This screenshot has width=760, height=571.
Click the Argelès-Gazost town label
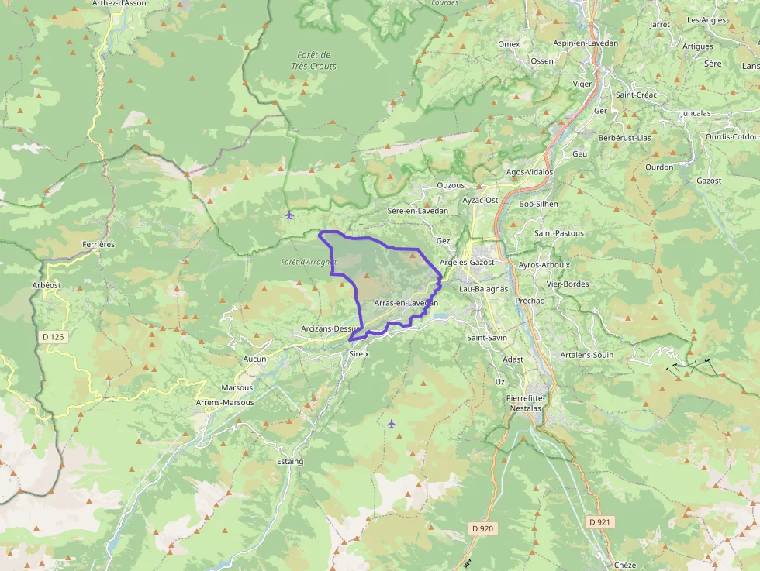click(467, 263)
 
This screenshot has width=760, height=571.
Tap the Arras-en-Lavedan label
click(406, 303)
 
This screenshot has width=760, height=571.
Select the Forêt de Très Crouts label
click(314, 60)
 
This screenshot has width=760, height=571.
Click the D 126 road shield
click(52, 337)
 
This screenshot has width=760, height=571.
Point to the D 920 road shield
click(482, 528)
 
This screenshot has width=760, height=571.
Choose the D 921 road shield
click(600, 522)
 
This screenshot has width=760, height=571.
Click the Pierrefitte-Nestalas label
click(526, 401)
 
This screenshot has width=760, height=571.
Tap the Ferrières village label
click(98, 244)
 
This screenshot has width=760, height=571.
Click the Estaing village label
click(290, 462)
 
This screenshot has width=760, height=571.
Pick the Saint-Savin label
click(487, 338)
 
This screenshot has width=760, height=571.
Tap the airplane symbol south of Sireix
click(392, 424)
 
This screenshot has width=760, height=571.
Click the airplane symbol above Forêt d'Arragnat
click(289, 215)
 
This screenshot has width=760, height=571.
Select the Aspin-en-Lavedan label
click(586, 43)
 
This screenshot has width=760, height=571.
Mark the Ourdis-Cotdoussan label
click(732, 136)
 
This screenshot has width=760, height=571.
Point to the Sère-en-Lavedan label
click(417, 211)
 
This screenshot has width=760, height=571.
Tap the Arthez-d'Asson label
click(119, 3)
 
